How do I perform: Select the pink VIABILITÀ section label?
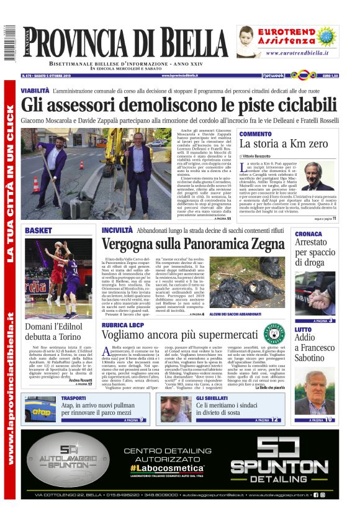tap(35, 91)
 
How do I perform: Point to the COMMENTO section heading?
tap(255, 134)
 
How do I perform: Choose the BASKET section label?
tap(38, 230)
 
